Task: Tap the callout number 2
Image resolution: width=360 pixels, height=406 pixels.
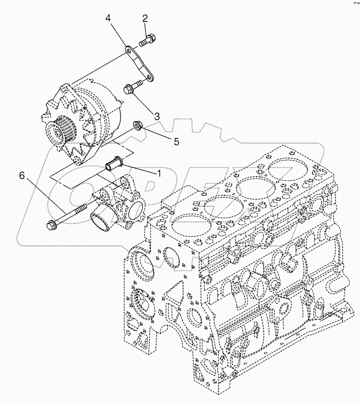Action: tap(145, 19)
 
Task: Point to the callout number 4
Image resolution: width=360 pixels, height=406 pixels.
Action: tap(108, 19)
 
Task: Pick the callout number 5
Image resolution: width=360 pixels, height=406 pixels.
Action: tap(176, 141)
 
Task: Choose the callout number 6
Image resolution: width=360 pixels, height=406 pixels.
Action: tap(21, 175)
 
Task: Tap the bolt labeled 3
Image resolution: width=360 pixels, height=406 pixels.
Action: tap(133, 87)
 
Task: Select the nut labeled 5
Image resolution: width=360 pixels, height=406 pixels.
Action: tap(137, 125)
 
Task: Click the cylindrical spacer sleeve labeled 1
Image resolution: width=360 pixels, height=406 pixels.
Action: tap(115, 166)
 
